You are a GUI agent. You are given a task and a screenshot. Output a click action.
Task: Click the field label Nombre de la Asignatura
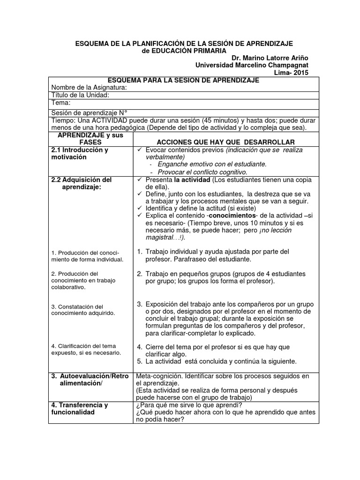tap(89, 88)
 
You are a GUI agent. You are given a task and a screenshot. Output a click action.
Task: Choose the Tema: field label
tap(61, 103)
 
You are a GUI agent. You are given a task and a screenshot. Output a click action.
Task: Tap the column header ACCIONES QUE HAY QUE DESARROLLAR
tap(219, 142)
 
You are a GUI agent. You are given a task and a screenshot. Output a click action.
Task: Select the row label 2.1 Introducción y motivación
tap(80, 153)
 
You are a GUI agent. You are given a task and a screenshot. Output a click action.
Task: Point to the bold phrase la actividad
tap(192, 180)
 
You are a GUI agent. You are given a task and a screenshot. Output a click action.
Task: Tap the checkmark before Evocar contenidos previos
tap(139, 150)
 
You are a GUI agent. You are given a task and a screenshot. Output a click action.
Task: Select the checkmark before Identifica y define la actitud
tap(139, 208)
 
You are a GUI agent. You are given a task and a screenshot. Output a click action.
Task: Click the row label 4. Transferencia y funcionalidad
tap(80, 409)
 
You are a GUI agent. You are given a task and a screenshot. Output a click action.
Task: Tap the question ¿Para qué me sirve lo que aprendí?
tap(188, 405)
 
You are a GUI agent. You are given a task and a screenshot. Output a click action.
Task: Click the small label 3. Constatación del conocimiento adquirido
tap(83, 309)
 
